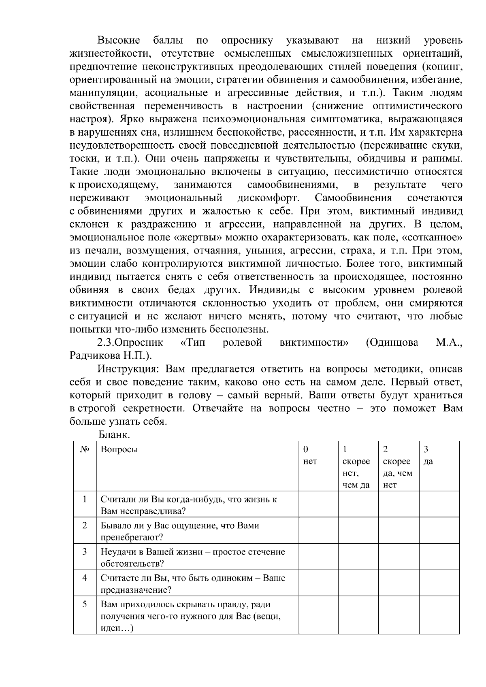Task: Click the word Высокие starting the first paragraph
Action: (119, 40)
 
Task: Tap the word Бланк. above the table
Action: (114, 435)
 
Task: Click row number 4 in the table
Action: (85, 578)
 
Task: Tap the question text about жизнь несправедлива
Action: (188, 505)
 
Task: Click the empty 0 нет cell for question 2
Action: (318, 530)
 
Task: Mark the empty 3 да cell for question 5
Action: (439, 615)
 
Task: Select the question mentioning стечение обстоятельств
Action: (192, 557)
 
